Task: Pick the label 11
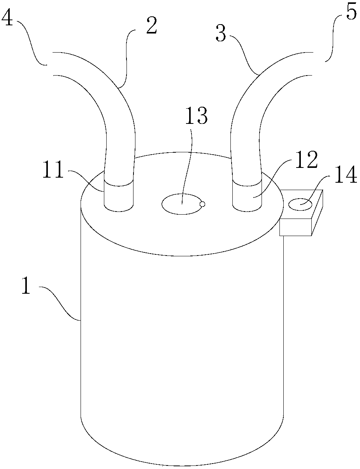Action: coord(53,171)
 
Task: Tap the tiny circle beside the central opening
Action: coord(202,203)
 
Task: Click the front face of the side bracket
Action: coord(295,227)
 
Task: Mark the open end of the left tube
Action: coord(53,63)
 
